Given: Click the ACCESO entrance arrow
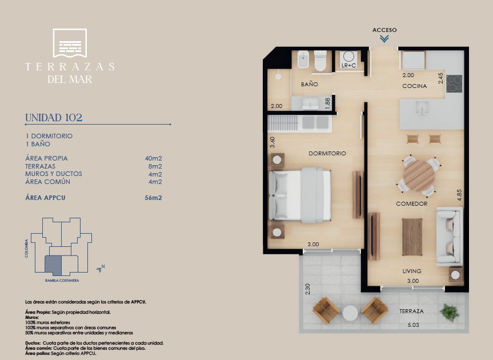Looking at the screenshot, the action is pyautogui.click(x=384, y=39).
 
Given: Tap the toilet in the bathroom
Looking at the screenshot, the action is pyautogui.click(x=320, y=61).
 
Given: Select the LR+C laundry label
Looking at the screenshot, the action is pyautogui.click(x=348, y=65).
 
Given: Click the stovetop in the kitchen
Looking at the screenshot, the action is pyautogui.click(x=454, y=83).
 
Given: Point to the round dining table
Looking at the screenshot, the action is pyautogui.click(x=419, y=175).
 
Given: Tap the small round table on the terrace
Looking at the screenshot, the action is pyautogui.click(x=350, y=313).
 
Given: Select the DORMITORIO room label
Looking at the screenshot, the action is pyautogui.click(x=327, y=154).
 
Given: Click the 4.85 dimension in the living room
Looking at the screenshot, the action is pyautogui.click(x=459, y=195).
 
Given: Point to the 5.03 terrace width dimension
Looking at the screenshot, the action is pyautogui.click(x=413, y=325).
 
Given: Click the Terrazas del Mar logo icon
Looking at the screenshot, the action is pyautogui.click(x=70, y=43).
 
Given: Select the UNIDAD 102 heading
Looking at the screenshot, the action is pyautogui.click(x=54, y=118).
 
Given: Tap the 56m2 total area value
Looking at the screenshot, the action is pyautogui.click(x=154, y=198).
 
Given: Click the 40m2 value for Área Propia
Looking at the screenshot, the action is pyautogui.click(x=154, y=158).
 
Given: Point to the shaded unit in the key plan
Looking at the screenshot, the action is pyautogui.click(x=53, y=265).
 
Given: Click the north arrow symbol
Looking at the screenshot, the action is pyautogui.click(x=101, y=269).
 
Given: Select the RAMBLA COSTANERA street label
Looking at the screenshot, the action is pyautogui.click(x=62, y=281).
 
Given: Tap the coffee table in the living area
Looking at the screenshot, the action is pyautogui.click(x=412, y=237).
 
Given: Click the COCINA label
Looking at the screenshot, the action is pyautogui.click(x=414, y=86).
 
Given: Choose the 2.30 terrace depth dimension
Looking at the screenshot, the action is pyautogui.click(x=307, y=289).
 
